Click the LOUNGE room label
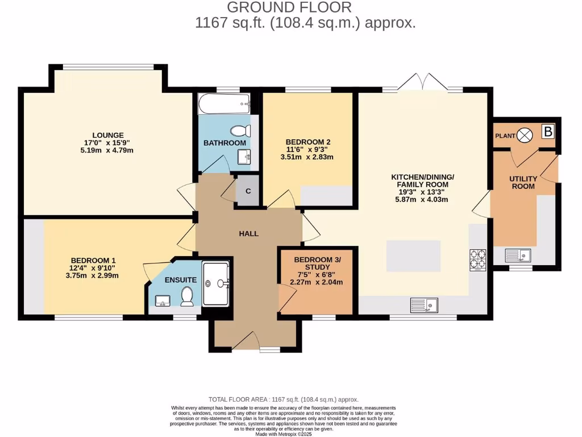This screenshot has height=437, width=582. tap(109, 135)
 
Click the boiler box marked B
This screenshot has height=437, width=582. tap(547, 132)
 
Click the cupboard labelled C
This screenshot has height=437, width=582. tap(248, 191)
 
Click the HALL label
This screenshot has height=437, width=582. tap(249, 233)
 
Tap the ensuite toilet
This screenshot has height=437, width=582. tap(186, 295)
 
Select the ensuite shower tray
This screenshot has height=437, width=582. tap(216, 283)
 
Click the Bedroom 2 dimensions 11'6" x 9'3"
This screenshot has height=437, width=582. tap(309, 150)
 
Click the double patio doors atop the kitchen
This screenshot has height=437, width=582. tap(422, 83)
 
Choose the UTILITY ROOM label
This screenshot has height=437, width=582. tap(523, 182)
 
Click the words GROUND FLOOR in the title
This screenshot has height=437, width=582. tap(289, 7)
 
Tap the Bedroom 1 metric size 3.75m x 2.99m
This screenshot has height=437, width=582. tap(94, 275)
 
